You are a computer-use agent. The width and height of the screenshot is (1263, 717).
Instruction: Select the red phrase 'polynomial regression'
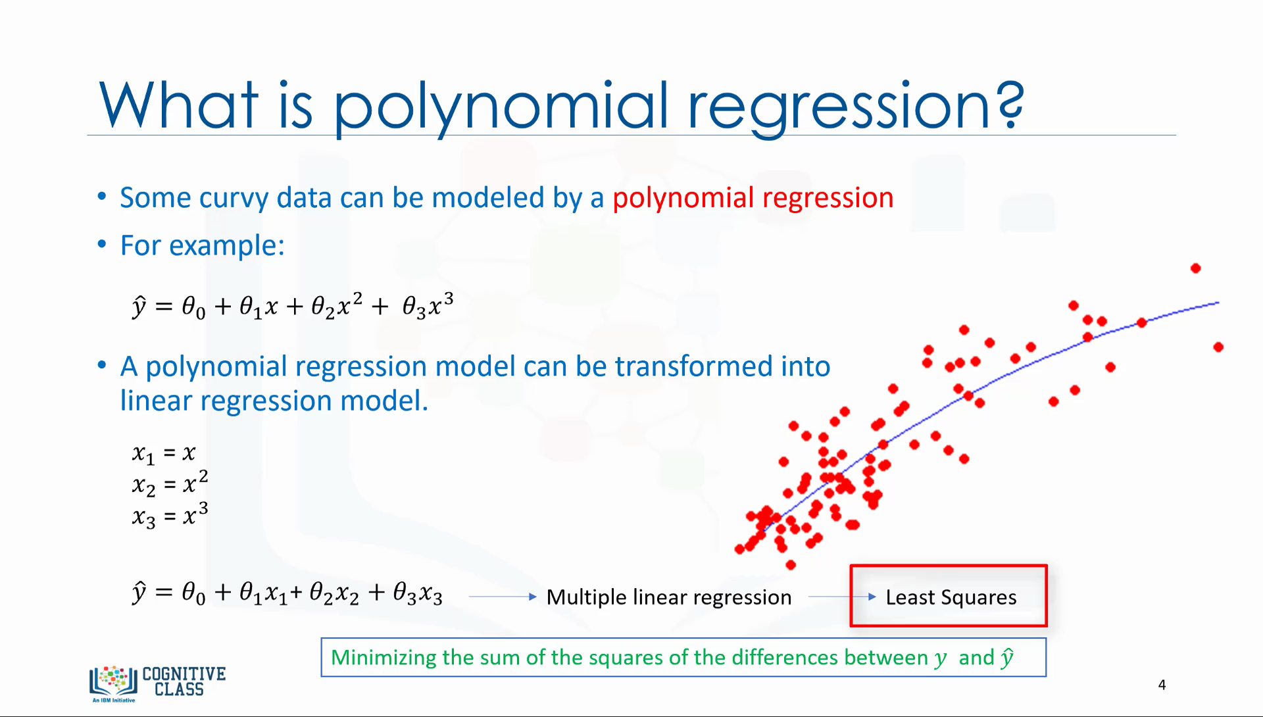[x=753, y=198]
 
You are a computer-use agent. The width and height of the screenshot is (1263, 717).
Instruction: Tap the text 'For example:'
[x=202, y=245]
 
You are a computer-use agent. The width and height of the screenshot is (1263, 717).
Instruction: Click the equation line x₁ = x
[x=164, y=453]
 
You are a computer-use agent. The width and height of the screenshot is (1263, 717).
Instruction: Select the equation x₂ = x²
[x=170, y=483]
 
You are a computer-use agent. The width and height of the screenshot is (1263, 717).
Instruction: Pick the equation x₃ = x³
[x=170, y=515]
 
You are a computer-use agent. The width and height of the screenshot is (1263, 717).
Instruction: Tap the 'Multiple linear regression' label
[x=669, y=597]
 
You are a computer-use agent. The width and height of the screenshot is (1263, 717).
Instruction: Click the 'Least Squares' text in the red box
[x=951, y=597]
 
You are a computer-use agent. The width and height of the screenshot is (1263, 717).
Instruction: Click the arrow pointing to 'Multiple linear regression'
[x=503, y=597]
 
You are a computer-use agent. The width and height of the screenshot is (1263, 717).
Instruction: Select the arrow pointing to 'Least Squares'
[x=842, y=597]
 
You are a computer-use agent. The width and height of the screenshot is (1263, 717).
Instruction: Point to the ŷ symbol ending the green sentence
[x=1007, y=657]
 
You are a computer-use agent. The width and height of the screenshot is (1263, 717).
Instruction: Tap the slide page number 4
[x=1162, y=685]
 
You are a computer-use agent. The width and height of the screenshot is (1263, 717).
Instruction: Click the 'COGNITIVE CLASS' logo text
[x=184, y=681]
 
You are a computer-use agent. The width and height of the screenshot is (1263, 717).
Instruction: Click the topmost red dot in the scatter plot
[x=1196, y=268]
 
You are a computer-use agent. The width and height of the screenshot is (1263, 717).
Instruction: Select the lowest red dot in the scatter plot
[x=791, y=564]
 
